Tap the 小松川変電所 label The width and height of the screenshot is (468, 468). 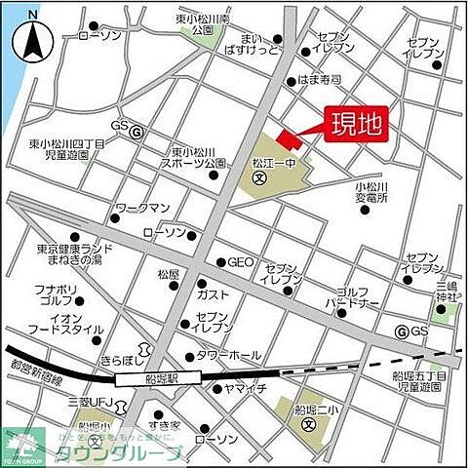371,191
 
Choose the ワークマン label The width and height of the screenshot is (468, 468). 143,209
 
